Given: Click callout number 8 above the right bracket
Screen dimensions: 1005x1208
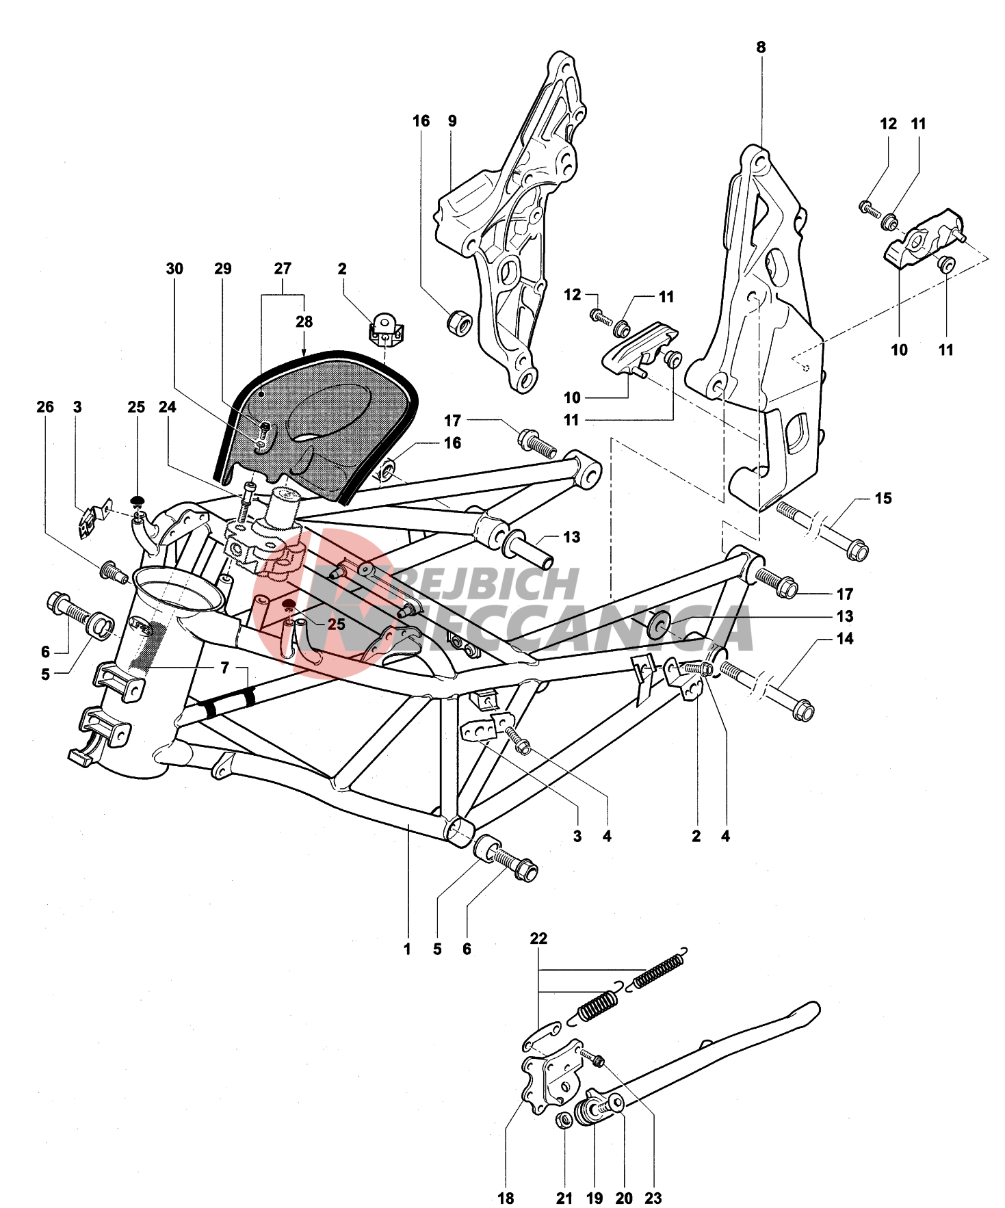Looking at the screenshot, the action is [x=761, y=47].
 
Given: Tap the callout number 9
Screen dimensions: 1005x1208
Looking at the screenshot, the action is [x=452, y=121].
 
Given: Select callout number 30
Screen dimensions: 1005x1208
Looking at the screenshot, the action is [x=174, y=269].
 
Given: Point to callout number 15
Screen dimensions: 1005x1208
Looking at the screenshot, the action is [x=883, y=498].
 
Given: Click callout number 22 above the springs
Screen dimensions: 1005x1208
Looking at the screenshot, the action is [x=538, y=938].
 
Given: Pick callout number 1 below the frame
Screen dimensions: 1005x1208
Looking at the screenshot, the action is [x=407, y=949].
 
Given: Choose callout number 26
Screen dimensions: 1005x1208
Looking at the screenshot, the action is [x=45, y=407].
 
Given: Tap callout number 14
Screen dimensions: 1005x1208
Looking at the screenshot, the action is [x=845, y=639].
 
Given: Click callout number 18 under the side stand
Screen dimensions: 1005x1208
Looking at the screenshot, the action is [x=506, y=1198].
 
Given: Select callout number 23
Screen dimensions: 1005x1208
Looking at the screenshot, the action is [x=653, y=1198].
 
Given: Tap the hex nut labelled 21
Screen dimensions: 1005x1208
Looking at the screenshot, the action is [x=564, y=1120].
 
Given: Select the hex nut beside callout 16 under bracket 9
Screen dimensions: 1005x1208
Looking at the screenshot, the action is [x=459, y=322].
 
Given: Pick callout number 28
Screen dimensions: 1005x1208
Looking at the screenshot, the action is [x=304, y=321].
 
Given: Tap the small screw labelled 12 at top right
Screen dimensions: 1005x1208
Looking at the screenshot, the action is [x=870, y=208].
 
